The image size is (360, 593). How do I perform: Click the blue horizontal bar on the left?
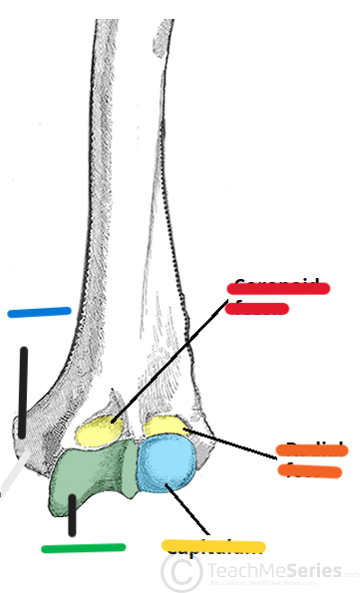click(x=39, y=312)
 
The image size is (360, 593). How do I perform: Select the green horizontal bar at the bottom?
click(x=83, y=547)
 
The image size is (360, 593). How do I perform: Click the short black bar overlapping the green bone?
click(x=72, y=513)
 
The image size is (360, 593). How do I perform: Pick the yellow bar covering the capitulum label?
click(x=212, y=545)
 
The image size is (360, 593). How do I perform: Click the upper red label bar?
click(x=277, y=288)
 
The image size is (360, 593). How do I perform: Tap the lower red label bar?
click(x=257, y=308)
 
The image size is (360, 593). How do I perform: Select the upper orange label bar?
click(x=311, y=450)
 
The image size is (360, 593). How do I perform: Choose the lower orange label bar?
click(x=311, y=470)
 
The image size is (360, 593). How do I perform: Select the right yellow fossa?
click(x=165, y=427)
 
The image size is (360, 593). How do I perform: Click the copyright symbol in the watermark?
click(x=178, y=572)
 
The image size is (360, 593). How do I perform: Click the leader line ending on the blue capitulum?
click(x=191, y=511)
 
